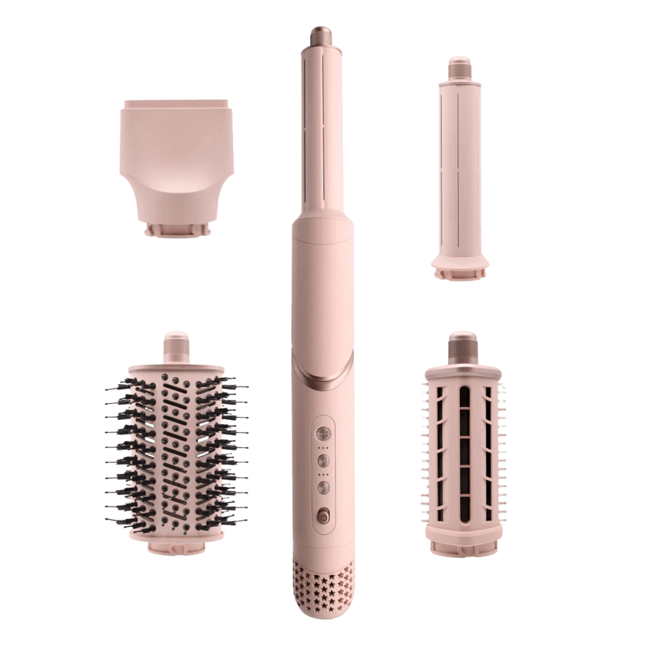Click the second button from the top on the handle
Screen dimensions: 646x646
322,459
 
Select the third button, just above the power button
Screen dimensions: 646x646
322,486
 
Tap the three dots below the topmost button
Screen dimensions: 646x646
322,446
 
